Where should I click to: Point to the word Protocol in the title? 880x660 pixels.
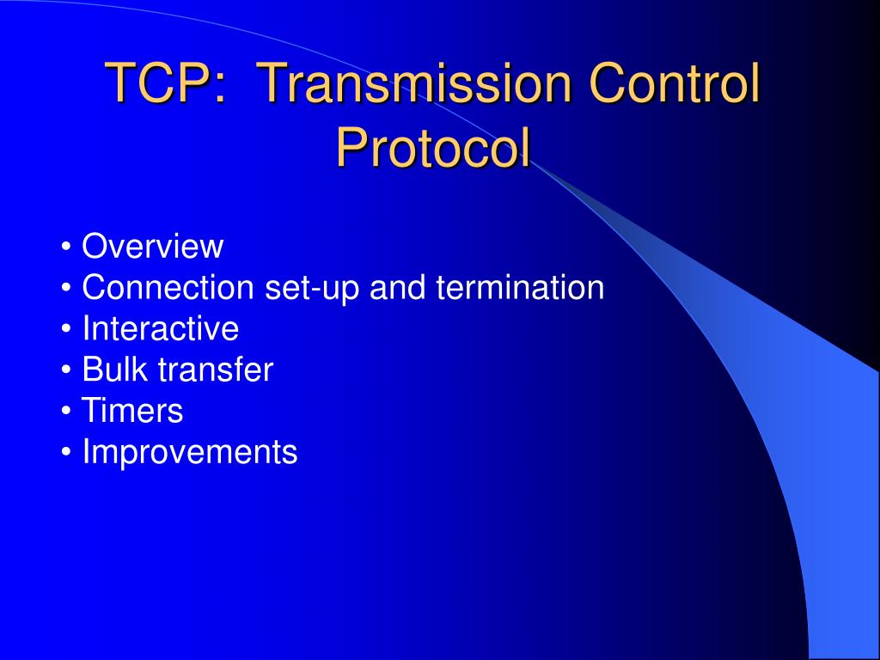pos(433,148)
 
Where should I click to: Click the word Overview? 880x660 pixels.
pos(152,247)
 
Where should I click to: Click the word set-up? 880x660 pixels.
pos(313,289)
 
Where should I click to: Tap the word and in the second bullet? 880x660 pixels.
pos(398,288)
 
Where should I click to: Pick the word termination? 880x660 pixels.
pos(520,288)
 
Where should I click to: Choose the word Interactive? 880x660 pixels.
pos(160,328)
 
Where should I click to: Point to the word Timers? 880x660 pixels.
pos(132,411)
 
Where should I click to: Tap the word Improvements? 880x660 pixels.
pos(189,452)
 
